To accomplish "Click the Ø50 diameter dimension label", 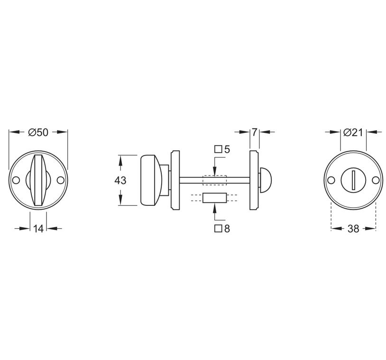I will [38, 132].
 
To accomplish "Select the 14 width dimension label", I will [38, 229].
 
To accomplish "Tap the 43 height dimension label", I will [120, 180].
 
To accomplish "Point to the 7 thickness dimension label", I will [255, 132].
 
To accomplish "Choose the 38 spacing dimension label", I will [353, 229].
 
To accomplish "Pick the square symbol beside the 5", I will [218, 149].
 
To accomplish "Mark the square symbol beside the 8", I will [218, 229].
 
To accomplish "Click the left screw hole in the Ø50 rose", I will [16, 180].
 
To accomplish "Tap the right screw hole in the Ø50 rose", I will [61, 180].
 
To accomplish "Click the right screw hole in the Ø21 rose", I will [376, 180].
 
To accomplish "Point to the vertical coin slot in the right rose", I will [353, 180].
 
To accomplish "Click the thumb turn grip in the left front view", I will [38, 180].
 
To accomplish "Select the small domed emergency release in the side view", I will [266, 179].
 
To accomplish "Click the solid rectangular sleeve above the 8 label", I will [214, 198].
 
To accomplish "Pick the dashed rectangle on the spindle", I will [214, 180].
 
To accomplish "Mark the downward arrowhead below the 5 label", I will [215, 173].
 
